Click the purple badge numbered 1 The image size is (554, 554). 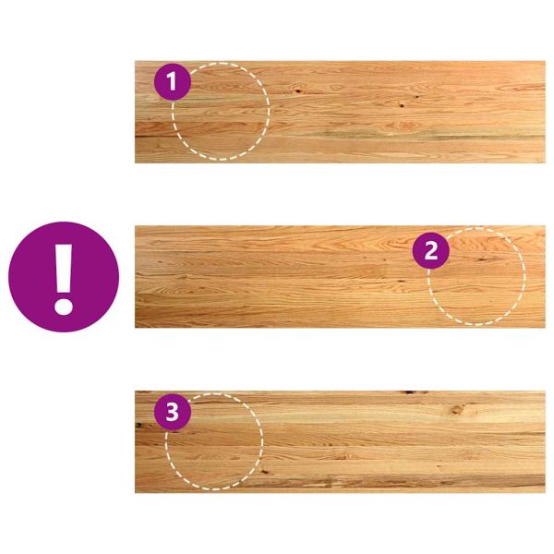pos(173,81)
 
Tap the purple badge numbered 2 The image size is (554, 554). pos(430,250)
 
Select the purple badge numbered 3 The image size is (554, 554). pos(173,412)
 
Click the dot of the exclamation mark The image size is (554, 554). pos(64,306)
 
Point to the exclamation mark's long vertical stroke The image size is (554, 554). pos(64,268)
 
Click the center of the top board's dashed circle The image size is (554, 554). pos(221,112)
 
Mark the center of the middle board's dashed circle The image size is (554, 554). pos(476,276)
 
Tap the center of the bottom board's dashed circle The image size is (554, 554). pos(214,441)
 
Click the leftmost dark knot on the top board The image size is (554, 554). pos(298,91)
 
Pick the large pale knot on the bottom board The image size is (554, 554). pos(458,410)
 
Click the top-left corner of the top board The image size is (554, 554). pos(136,61)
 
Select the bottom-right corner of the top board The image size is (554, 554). pos(545,163)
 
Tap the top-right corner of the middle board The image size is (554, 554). pos(545,226)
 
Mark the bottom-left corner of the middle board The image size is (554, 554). pos(136,328)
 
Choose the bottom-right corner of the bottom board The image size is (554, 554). pos(545,493)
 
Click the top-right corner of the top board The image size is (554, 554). pos(545,61)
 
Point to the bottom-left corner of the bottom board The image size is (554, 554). pos(136,493)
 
